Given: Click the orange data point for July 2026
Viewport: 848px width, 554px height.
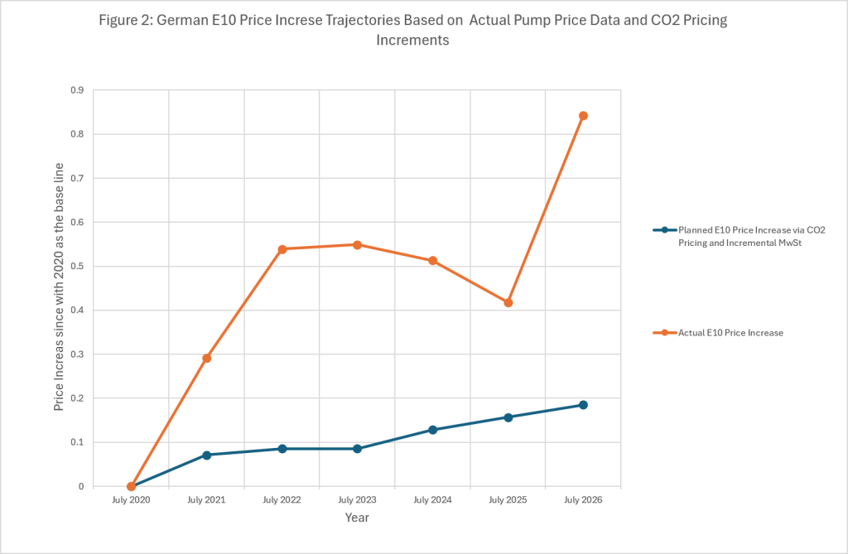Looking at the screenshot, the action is click(x=583, y=116).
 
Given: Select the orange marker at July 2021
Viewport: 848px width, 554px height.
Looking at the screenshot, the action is click(x=206, y=358).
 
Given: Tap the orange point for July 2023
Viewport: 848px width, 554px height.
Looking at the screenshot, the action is click(x=357, y=245).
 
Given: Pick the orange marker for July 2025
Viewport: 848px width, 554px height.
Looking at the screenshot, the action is click(x=508, y=303).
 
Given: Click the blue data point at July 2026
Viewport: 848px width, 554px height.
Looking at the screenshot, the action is click(x=583, y=405).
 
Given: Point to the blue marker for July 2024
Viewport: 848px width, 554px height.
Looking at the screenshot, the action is click(x=432, y=430).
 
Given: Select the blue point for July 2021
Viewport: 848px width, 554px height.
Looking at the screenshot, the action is click(x=206, y=455).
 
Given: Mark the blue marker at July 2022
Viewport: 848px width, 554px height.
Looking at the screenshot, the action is click(x=282, y=449).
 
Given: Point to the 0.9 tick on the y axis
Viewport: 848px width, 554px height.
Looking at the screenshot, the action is click(x=77, y=89).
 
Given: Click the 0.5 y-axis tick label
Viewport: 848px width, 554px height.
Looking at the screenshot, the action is click(x=77, y=266).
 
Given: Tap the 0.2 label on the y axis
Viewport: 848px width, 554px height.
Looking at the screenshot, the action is click(x=77, y=398).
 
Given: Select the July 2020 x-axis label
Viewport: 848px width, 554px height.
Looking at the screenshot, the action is click(x=131, y=500).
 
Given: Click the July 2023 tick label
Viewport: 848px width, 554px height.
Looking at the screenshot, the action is click(x=357, y=500).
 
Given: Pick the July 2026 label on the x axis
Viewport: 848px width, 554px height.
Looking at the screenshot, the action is click(x=583, y=500).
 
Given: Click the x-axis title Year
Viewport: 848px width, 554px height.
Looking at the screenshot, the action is click(x=357, y=518).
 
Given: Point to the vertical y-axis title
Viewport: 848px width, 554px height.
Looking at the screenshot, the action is click(x=59, y=287).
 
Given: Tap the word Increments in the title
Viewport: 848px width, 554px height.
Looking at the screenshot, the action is click(x=412, y=41).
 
